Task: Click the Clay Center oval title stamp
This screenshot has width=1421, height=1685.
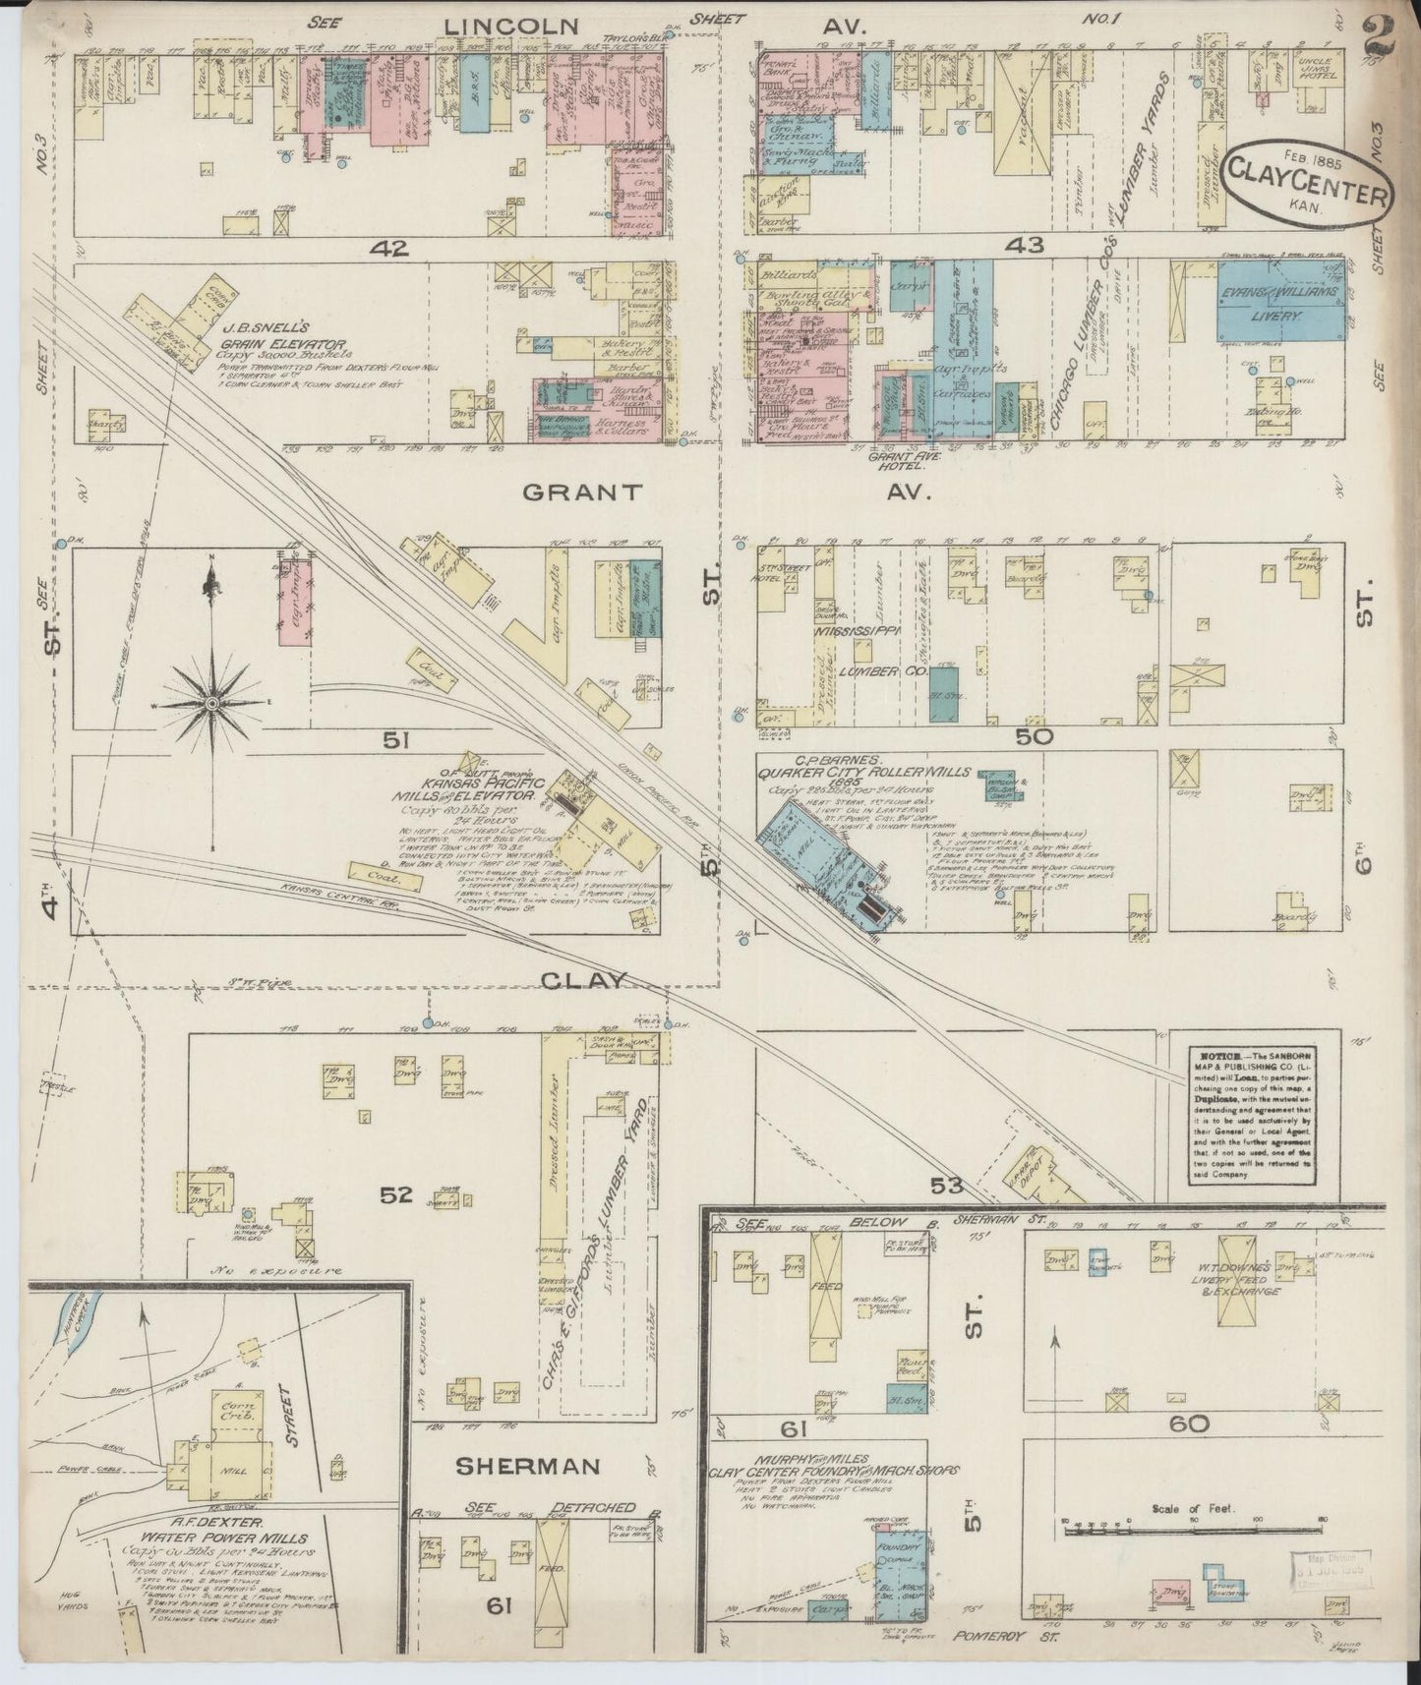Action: (x=1307, y=188)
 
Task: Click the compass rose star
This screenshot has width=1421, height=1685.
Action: (x=211, y=704)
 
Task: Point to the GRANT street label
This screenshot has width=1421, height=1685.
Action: (x=582, y=493)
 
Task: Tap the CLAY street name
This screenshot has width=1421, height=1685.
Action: (x=583, y=980)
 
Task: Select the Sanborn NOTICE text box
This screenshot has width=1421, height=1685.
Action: (x=1250, y=1113)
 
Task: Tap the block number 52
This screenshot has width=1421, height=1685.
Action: (x=396, y=1195)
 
